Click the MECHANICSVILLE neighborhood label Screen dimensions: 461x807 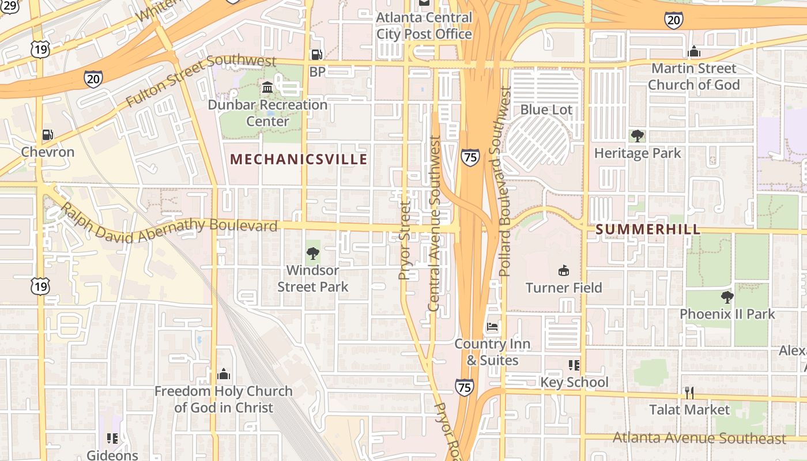tap(299, 159)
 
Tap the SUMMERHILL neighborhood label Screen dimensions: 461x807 tap(648, 229)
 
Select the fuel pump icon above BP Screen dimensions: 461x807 tap(316, 55)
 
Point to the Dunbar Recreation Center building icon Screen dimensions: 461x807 tap(267, 88)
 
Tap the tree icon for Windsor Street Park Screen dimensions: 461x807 tap(313, 253)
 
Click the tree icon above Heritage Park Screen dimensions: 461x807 tap(638, 136)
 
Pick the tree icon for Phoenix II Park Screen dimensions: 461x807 tap(727, 297)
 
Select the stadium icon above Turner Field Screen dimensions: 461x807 tap(564, 270)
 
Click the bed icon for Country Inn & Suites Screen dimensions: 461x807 tap(492, 327)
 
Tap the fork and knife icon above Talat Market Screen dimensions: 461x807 tap(689, 393)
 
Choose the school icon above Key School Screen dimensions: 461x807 tap(574, 365)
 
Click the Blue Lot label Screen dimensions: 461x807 tap(546, 109)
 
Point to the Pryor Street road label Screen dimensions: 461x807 tap(405, 240)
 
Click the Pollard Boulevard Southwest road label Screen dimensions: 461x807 tap(505, 182)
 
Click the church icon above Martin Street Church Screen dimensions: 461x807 tap(694, 52)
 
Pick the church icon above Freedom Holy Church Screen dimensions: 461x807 tap(224, 375)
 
